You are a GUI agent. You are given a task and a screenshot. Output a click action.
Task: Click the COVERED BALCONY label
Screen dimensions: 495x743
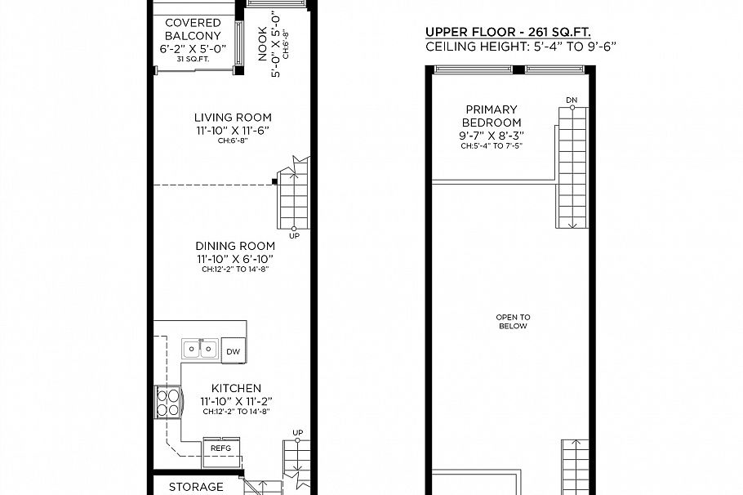193,29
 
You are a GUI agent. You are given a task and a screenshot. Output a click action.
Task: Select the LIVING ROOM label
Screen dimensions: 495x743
233,118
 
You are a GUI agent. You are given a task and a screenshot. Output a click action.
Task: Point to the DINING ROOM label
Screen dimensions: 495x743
234,246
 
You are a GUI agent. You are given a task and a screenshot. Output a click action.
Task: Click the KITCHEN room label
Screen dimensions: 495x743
236,388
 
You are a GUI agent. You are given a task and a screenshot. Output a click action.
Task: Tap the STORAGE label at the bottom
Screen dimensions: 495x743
196,487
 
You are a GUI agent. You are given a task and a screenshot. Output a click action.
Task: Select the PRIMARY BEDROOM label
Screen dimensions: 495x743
492,116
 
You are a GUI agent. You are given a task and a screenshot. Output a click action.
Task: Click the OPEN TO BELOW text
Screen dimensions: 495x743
513,321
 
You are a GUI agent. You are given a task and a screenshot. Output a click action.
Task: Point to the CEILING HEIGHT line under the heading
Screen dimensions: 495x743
520,47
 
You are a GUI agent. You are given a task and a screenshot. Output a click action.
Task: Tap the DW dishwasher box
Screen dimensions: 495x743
234,351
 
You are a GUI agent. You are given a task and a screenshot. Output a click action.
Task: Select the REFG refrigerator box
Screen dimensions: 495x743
220,448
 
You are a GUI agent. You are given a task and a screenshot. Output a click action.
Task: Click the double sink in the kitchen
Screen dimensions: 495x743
200,350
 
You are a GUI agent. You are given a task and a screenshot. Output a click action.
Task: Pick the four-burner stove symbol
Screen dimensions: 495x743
167,403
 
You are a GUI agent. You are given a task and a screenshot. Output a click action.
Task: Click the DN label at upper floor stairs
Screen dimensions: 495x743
572,100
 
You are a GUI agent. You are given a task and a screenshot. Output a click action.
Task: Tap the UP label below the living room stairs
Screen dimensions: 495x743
294,236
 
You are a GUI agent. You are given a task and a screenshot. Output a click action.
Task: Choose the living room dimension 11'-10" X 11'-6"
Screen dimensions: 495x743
233,131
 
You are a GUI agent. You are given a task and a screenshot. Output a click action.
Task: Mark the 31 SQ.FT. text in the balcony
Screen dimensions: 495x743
192,58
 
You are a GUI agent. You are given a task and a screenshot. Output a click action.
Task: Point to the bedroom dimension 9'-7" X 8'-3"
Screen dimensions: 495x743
491,136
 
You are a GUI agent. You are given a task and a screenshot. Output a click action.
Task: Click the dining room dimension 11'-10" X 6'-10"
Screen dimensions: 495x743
234,259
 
